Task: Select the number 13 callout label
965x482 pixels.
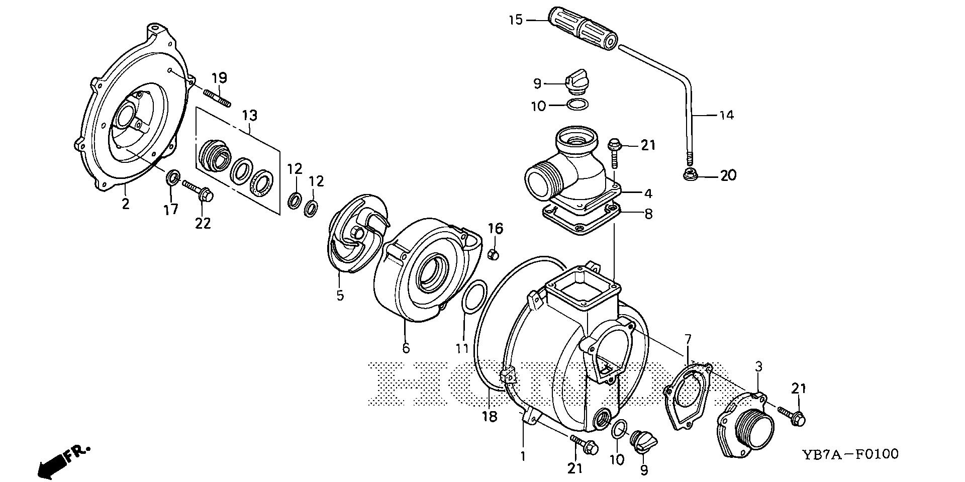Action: [x=249, y=116]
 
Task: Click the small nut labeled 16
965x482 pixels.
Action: [x=494, y=254]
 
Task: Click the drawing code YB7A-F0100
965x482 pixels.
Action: [x=849, y=455]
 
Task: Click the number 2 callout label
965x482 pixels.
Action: [x=125, y=204]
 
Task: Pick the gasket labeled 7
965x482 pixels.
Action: [x=688, y=396]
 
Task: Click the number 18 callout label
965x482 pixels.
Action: [x=490, y=416]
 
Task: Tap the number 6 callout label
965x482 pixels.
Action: [x=406, y=347]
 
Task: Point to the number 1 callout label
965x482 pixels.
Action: [x=523, y=456]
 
